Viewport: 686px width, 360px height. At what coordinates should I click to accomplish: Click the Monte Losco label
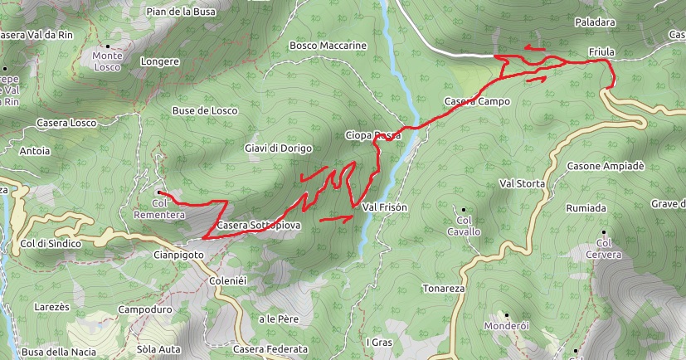click(x=108, y=61)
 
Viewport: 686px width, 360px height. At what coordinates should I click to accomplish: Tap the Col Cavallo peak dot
click(x=463, y=209)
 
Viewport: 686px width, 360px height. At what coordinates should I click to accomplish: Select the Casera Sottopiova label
click(x=258, y=225)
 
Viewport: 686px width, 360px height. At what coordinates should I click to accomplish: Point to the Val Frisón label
click(x=385, y=207)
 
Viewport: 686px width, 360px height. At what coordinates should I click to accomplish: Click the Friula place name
click(x=601, y=52)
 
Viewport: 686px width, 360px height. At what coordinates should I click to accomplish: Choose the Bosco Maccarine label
click(x=328, y=45)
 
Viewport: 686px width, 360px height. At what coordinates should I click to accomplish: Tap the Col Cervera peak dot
click(x=604, y=232)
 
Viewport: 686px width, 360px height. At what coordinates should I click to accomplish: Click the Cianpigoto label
click(x=178, y=255)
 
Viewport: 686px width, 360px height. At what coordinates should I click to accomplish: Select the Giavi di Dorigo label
click(x=278, y=148)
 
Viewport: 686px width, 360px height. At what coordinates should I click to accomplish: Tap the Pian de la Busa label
click(x=181, y=12)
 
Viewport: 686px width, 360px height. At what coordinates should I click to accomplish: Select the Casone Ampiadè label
click(x=606, y=166)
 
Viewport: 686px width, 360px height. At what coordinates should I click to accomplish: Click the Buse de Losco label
click(x=204, y=110)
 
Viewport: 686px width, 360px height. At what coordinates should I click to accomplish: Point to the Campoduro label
click(x=145, y=309)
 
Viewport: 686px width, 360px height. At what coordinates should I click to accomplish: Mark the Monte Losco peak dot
click(x=109, y=46)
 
